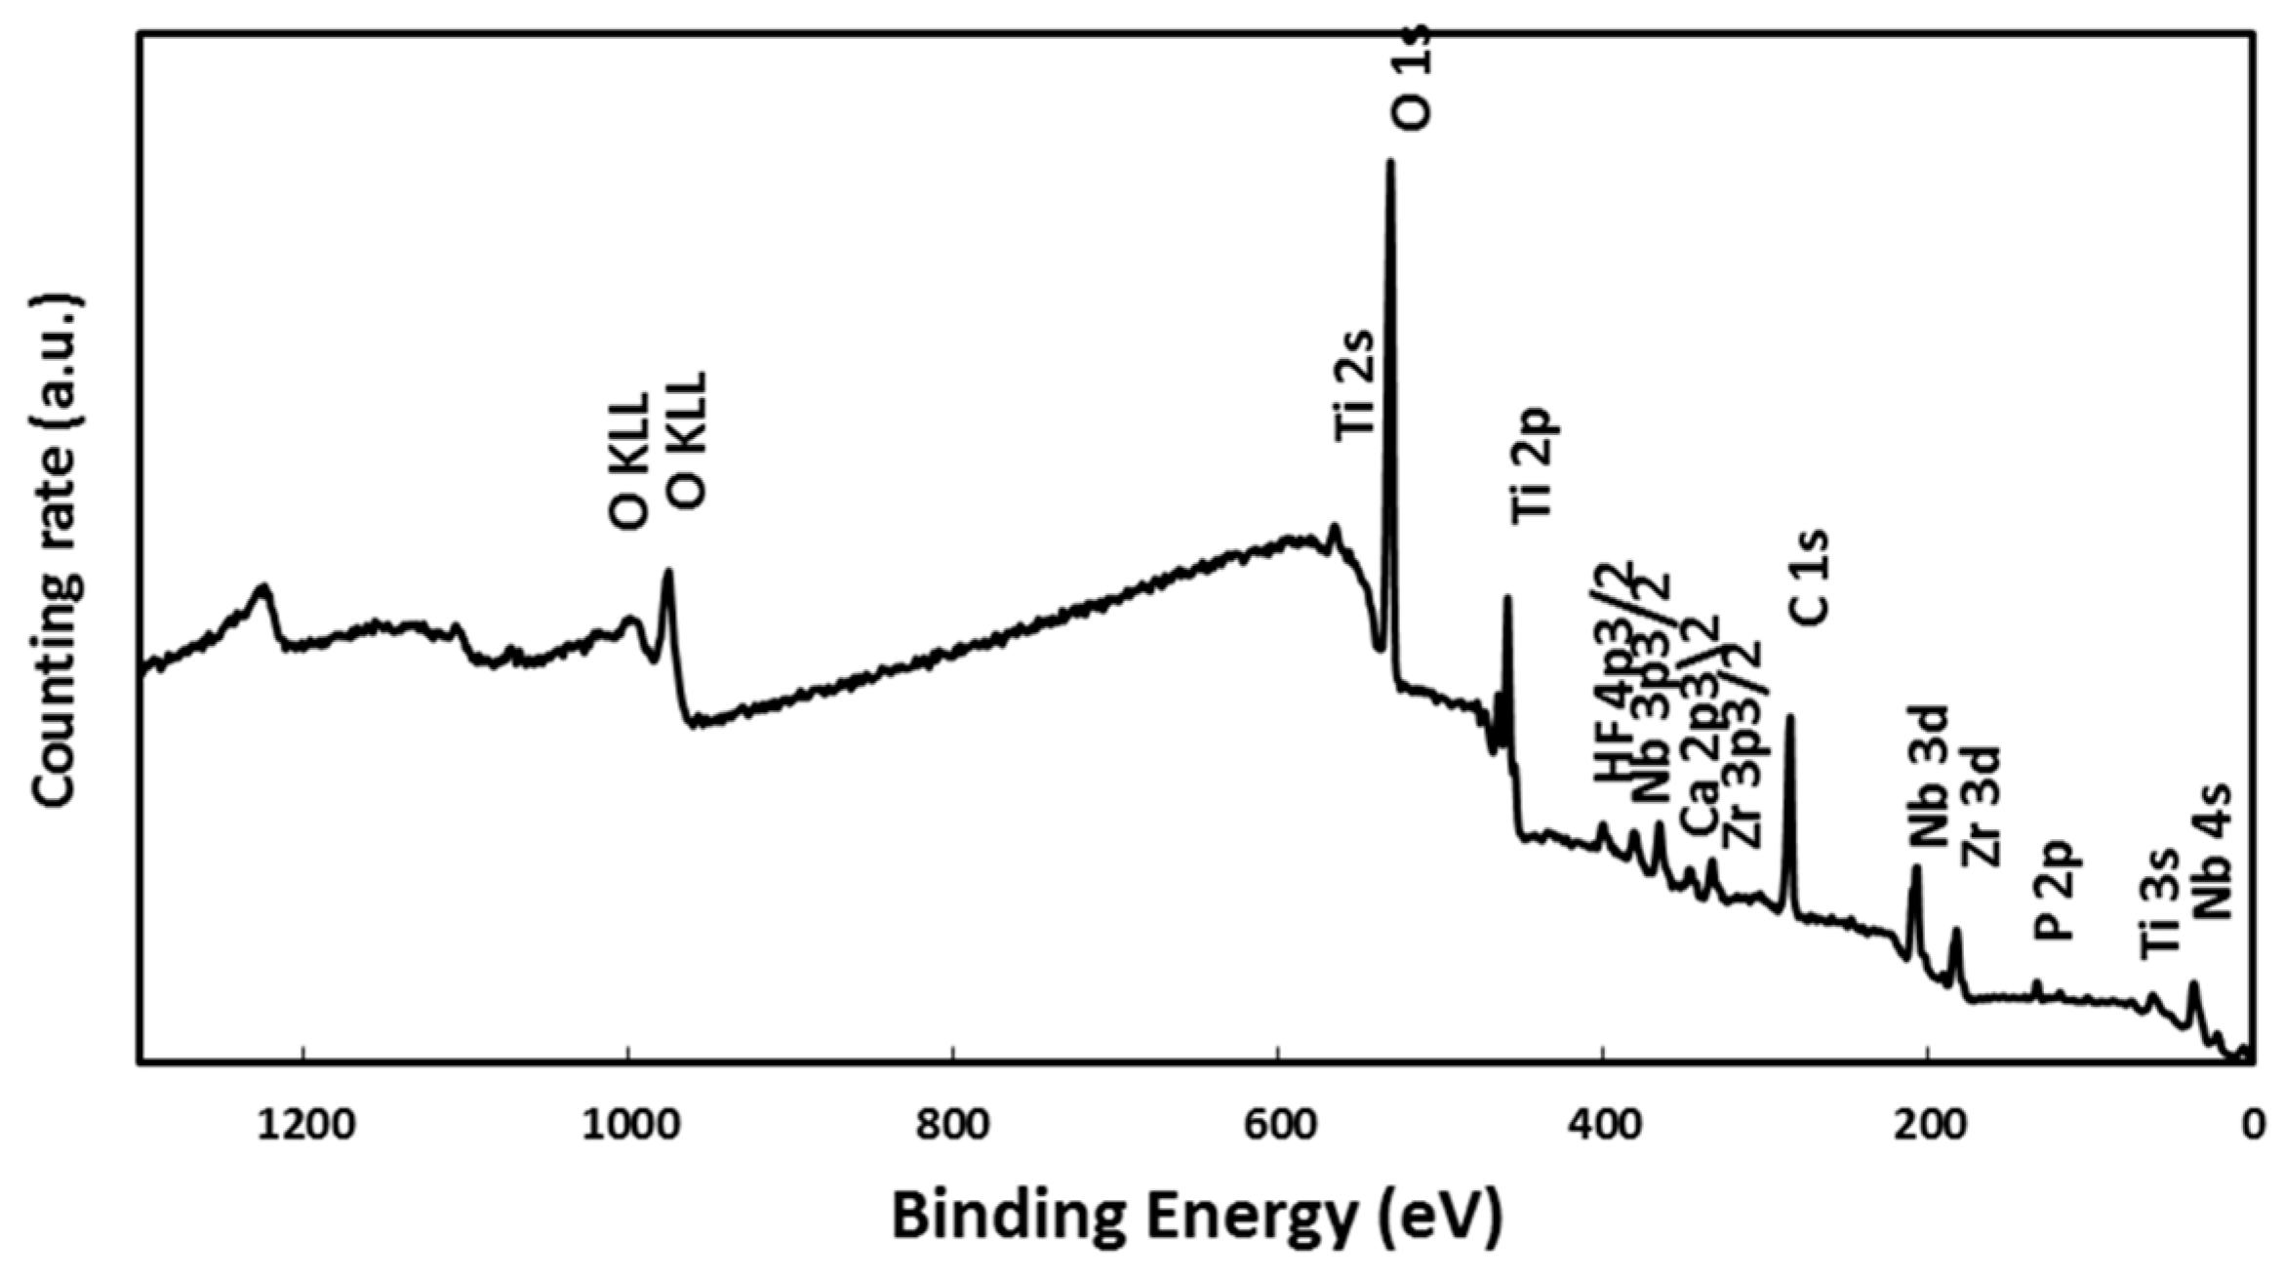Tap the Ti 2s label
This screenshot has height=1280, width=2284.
point(1354,387)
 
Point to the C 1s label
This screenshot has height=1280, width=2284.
point(1808,578)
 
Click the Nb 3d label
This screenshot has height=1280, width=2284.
point(1928,777)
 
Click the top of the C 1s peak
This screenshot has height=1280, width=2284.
point(1790,717)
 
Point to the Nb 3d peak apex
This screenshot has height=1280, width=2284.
point(1916,867)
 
